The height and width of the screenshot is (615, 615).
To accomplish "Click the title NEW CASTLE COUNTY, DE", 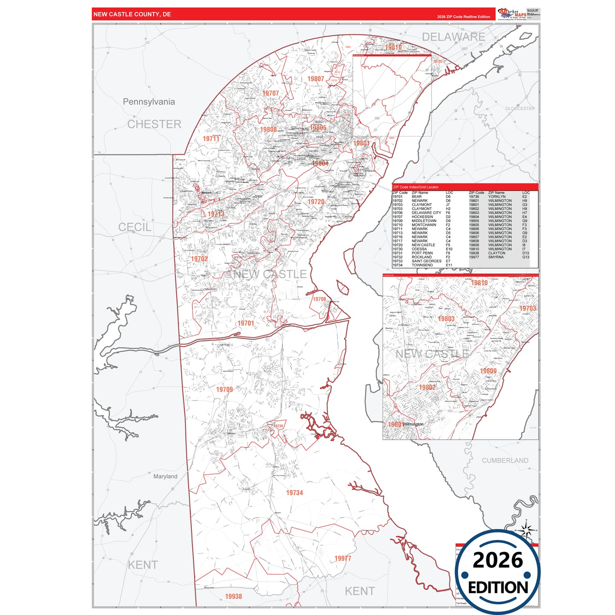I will (132, 14).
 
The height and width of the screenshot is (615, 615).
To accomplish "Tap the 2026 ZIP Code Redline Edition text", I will (463, 17).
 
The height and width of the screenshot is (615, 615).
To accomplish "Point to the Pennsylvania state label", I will (149, 102).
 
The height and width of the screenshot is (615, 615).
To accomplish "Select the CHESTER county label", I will (154, 124).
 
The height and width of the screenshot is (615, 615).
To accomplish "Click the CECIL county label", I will (134, 227).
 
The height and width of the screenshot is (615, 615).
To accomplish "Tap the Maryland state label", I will (165, 476).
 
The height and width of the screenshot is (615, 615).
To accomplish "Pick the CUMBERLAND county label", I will (505, 461).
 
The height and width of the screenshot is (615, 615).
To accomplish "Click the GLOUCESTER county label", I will (520, 109).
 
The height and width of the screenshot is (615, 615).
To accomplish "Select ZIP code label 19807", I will (315, 79).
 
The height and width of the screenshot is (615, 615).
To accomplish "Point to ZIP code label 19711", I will (211, 139).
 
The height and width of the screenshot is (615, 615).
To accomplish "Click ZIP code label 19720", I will (316, 202).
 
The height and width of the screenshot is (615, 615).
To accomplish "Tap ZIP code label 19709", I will (224, 389).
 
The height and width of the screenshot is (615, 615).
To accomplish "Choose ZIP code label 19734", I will (294, 492).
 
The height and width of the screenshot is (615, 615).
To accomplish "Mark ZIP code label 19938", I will (233, 596).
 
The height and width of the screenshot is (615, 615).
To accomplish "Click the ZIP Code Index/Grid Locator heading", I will (415, 187).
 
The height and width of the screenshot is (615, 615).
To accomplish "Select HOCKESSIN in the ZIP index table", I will (422, 217).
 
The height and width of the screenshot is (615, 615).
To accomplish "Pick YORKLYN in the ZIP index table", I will (497, 197).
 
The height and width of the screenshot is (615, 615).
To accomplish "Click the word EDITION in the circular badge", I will (498, 588).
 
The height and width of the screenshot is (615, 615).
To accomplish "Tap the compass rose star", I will (526, 530).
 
